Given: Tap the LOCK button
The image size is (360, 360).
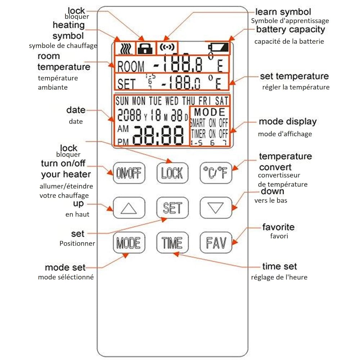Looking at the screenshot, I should (172, 173).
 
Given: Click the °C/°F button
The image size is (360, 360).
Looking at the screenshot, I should (216, 173).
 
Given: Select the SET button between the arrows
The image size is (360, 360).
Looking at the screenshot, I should (172, 208).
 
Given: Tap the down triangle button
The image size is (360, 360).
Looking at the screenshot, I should (216, 208).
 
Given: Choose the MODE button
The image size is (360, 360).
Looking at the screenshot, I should (129, 243).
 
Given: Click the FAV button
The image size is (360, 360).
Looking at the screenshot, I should (216, 243).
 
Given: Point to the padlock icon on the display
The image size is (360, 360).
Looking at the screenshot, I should (146, 48).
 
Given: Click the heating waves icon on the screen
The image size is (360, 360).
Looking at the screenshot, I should (125, 48).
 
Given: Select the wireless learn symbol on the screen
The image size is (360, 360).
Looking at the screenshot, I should (167, 48).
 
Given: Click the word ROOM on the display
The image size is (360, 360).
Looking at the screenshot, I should (131, 67).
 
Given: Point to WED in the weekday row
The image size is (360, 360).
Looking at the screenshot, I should (172, 101).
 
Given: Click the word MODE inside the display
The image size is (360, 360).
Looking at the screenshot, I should (210, 112).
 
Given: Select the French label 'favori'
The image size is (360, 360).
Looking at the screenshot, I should (279, 237).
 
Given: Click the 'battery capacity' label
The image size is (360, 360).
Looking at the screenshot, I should (291, 30).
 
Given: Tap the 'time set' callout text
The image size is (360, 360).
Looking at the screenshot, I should (279, 266).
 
